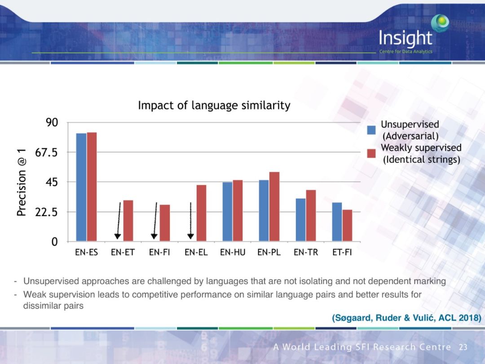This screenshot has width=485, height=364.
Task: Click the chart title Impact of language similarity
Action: [214, 106]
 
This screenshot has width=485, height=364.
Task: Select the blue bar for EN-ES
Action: [81, 187]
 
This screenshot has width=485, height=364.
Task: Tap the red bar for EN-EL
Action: [201, 213]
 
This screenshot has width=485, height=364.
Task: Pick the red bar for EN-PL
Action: [274, 207]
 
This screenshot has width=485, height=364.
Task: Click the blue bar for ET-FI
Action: [337, 222]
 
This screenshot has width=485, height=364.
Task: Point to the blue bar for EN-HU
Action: [227, 212]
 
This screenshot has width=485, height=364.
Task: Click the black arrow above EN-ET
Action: [119, 220]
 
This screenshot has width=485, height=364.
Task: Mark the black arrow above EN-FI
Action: [154, 220]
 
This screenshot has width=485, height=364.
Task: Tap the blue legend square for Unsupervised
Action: [371, 130]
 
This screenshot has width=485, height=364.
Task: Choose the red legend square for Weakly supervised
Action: [371, 153]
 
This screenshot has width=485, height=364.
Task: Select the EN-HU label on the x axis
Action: [233, 253]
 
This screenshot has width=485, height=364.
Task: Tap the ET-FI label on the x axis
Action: [342, 253]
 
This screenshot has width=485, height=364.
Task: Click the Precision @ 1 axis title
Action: [21, 182]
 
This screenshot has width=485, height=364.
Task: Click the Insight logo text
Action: [405, 39]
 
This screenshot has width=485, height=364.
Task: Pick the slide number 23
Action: [463, 347]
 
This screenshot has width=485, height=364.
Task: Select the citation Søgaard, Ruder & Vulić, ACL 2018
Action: [406, 318]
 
